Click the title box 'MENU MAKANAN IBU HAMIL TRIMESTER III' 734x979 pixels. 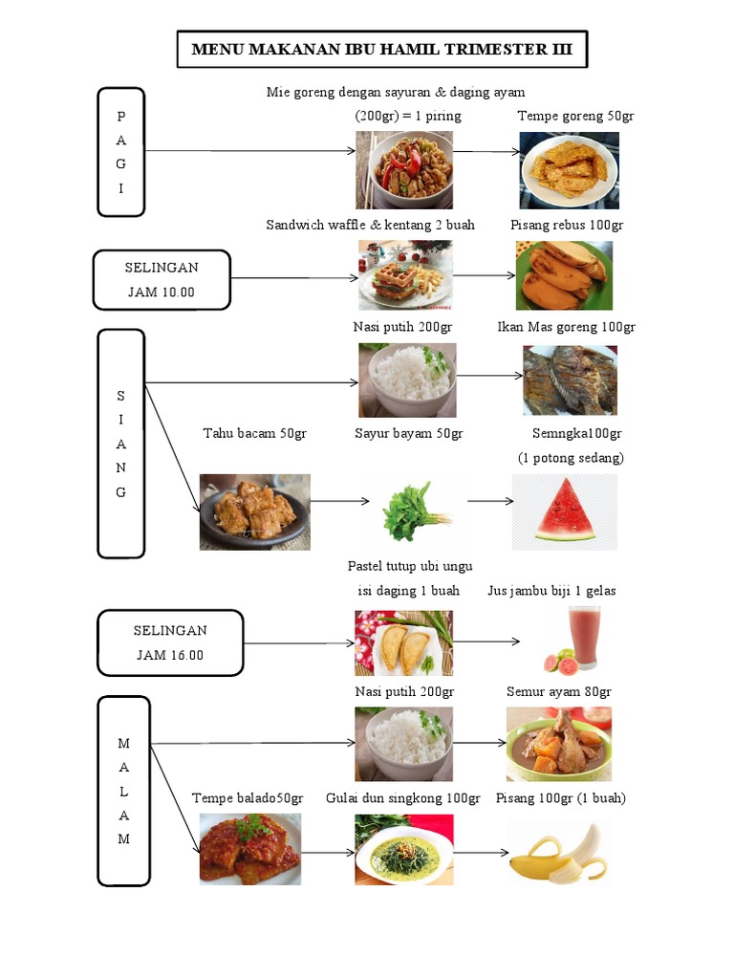[x=382, y=50]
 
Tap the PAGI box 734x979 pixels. [x=120, y=152]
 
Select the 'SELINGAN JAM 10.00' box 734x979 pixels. [x=162, y=279]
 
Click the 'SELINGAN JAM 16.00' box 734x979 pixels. [x=169, y=642]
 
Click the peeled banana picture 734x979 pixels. [x=558, y=853]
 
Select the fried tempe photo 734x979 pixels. [x=569, y=170]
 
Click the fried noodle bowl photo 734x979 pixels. [x=404, y=170]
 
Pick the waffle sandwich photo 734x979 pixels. [x=405, y=275]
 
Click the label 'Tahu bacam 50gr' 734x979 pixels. [x=254, y=433]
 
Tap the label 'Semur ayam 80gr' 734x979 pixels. [x=558, y=691]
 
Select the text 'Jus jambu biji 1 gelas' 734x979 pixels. [x=551, y=591]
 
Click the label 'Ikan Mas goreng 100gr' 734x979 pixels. [x=567, y=327]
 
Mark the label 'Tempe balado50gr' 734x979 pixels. [x=248, y=797]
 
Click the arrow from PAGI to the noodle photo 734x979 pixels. [x=248, y=151]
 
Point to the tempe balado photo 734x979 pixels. [x=250, y=849]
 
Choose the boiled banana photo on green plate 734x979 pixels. [x=564, y=275]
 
